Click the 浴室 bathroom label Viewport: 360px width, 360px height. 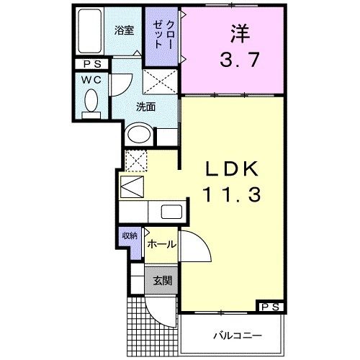(125, 30)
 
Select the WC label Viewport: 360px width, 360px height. (91, 79)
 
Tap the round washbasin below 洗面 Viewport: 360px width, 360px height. (139, 135)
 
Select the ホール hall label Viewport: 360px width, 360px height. (161, 245)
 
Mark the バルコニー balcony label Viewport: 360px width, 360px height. (236, 336)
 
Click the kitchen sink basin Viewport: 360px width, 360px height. (174, 212)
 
